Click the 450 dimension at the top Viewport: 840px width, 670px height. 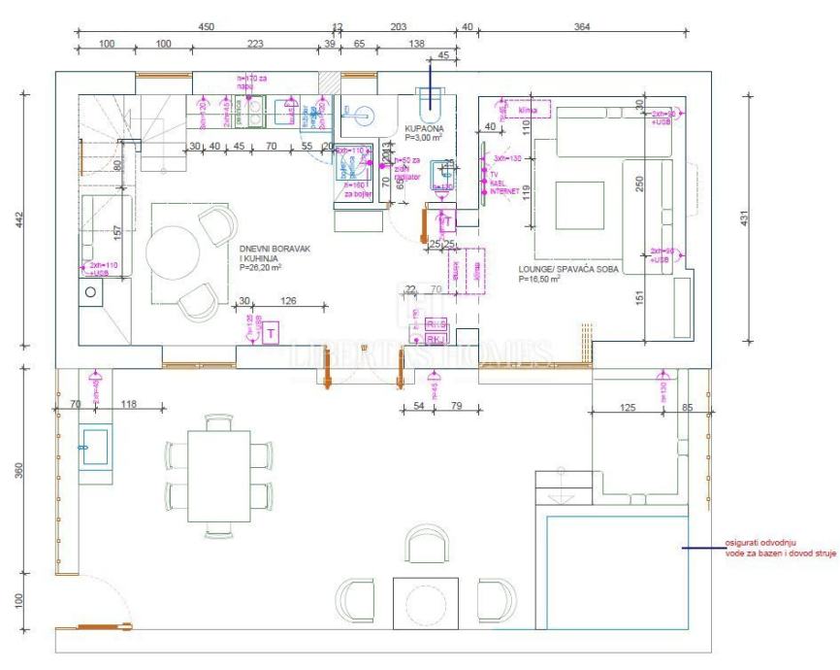tap(207, 27)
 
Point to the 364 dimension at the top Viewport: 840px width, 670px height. tap(581, 27)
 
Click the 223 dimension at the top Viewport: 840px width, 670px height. tap(255, 45)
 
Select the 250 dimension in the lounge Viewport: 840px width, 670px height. tap(640, 184)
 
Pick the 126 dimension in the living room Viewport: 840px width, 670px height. tap(287, 300)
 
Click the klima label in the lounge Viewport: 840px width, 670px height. tap(527, 110)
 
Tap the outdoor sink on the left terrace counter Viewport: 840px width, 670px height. tap(96, 447)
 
